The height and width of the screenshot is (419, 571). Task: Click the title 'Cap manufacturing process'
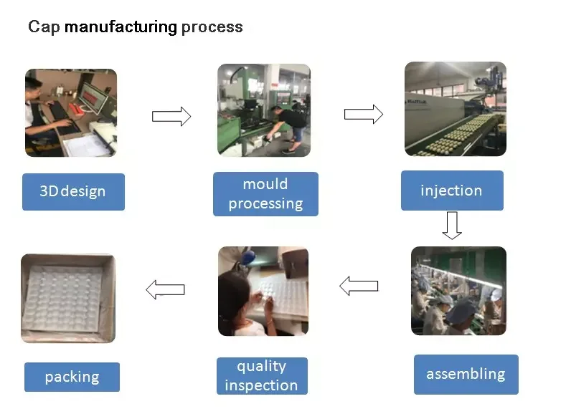click(x=135, y=28)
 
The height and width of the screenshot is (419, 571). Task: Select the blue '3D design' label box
click(x=73, y=191)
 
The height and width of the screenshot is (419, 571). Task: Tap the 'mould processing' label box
click(x=265, y=194)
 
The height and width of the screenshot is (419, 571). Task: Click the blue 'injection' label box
click(x=451, y=191)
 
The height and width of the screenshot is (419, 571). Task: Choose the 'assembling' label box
click(x=466, y=374)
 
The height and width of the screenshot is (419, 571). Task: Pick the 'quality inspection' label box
click(x=261, y=376)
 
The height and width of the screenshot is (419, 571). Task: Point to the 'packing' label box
click(x=72, y=377)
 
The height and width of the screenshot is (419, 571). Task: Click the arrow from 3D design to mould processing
click(x=171, y=115)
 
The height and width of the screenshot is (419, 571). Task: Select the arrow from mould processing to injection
click(x=363, y=115)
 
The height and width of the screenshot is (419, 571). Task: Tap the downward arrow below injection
click(x=451, y=225)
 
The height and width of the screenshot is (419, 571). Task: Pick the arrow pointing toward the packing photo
click(x=165, y=290)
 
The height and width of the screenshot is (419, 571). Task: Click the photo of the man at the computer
click(x=70, y=112)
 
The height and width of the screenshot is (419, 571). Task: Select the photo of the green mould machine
click(x=264, y=110)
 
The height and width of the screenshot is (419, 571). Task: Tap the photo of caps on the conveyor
click(x=455, y=109)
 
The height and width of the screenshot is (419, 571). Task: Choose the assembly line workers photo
click(x=458, y=291)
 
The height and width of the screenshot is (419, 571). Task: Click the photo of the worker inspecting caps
click(x=263, y=291)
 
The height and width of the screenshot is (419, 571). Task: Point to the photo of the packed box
click(x=68, y=298)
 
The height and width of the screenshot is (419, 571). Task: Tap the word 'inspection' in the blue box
click(x=261, y=385)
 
